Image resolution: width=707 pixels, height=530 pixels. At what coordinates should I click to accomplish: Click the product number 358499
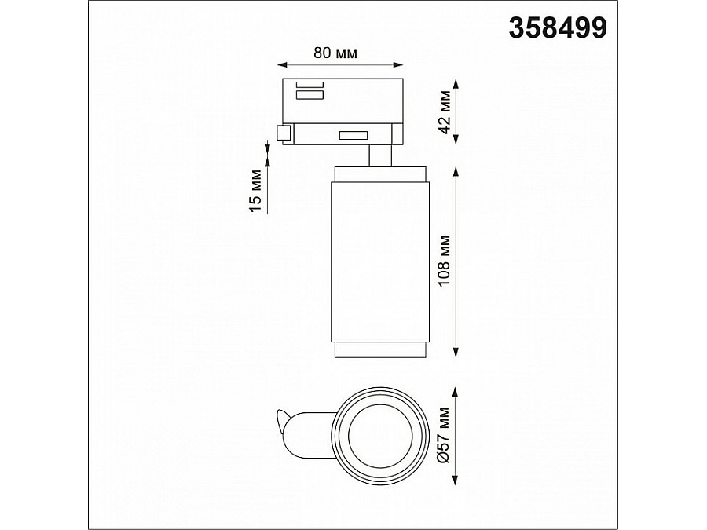pos(558,27)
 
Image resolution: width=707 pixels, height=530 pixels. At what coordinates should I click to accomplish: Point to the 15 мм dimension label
pos(254,189)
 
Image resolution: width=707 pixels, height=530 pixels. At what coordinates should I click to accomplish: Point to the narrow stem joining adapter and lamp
pos(380,155)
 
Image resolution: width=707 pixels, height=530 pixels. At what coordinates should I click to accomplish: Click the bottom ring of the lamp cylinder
pos(381,349)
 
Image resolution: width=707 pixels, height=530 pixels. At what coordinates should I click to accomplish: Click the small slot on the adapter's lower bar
pos(353,136)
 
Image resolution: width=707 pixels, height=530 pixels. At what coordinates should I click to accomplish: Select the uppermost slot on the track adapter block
pos(309,85)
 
